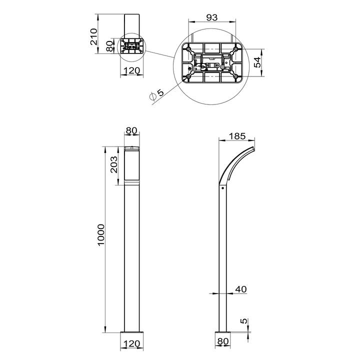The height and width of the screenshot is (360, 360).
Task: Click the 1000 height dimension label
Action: [101, 235]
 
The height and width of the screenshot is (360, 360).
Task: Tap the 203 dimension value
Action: [114, 164]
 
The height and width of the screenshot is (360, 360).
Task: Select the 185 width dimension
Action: [237, 136]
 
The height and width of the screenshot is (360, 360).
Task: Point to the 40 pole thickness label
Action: [241, 289]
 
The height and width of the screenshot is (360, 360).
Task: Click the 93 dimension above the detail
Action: [211, 17]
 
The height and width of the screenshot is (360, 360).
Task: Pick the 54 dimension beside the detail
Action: [257, 62]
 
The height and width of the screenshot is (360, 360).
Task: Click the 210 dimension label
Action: [93, 36]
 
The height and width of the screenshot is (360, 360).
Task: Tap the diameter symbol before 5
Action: [152, 96]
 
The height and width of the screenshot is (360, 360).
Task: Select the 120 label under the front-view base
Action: [131, 344]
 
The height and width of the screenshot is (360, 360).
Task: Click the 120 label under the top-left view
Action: [131, 70]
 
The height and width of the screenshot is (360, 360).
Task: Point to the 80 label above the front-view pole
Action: [131, 130]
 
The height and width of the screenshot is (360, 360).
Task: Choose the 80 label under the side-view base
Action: [223, 341]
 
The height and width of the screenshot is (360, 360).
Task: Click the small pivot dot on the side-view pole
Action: [222, 188]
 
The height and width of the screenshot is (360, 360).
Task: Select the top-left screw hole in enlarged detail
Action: [188, 49]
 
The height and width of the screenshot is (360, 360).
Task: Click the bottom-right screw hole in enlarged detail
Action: [236, 76]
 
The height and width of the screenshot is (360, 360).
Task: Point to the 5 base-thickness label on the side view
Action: [244, 320]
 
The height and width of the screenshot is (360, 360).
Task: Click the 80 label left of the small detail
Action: [109, 46]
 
